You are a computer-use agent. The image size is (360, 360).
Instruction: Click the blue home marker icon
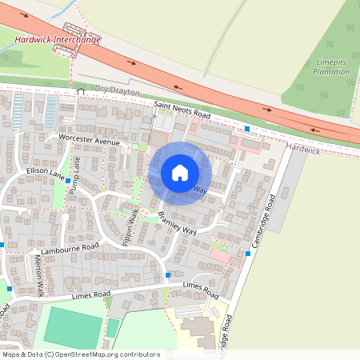pyautogui.click(x=180, y=173)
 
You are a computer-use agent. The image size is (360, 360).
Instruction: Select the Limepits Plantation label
pyautogui.click(x=332, y=67)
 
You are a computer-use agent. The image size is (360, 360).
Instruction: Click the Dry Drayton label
pyautogui.click(x=117, y=93)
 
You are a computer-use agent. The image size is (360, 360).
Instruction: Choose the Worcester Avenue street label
pyautogui.click(x=89, y=141)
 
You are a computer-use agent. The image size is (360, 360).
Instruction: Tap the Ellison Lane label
pyautogui.click(x=45, y=171)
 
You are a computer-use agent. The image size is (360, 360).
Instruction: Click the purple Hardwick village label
pyautogui.click(x=302, y=149)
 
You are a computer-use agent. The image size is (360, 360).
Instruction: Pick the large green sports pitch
pyautogui.click(x=73, y=329)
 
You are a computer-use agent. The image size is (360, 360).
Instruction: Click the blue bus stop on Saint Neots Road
pyautogui.click(x=247, y=129)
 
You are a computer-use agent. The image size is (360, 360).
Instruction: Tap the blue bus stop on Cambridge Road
pyautogui.click(x=248, y=254)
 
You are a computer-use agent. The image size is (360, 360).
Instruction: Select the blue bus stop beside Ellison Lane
pyautogui.click(x=67, y=180)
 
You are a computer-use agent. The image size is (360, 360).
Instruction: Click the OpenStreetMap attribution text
pyautogui.click(x=80, y=354)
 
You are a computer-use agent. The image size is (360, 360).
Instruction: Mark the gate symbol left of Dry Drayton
pyautogui.click(x=79, y=92)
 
